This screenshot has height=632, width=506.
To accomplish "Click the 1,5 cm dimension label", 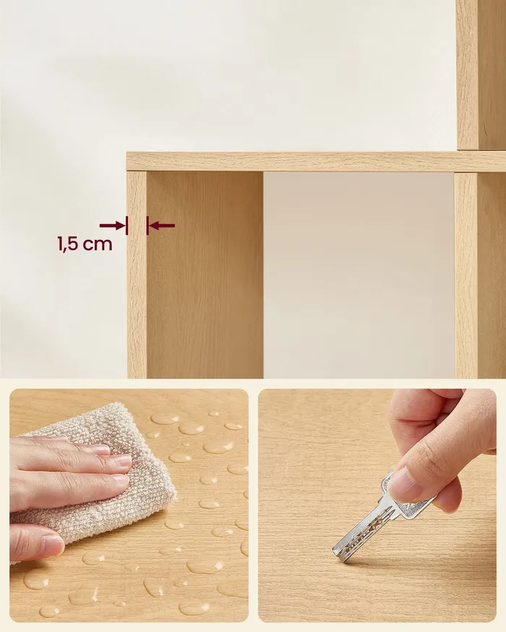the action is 85,244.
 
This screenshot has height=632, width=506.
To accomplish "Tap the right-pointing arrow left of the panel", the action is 112,225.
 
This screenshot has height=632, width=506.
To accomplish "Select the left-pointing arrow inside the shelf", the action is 162,225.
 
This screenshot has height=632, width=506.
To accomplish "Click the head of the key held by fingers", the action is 408,494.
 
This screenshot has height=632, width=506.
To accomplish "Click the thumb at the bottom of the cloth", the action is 36,542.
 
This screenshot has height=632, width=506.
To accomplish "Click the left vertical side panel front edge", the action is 137,274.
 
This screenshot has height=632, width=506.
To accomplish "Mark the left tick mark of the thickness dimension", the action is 126,225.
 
